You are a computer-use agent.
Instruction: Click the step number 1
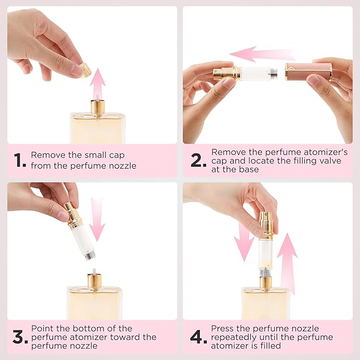(x=20, y=161)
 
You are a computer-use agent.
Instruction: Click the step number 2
(x=199, y=161)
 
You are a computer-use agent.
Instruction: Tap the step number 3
(x=20, y=337)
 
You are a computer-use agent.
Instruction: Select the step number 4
(x=199, y=337)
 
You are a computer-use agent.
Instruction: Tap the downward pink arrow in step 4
(x=244, y=241)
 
